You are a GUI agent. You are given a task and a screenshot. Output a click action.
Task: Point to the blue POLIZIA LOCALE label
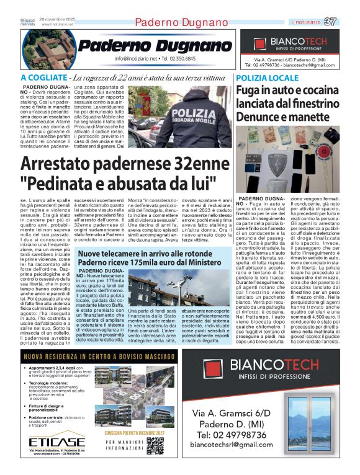(x=268, y=78)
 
